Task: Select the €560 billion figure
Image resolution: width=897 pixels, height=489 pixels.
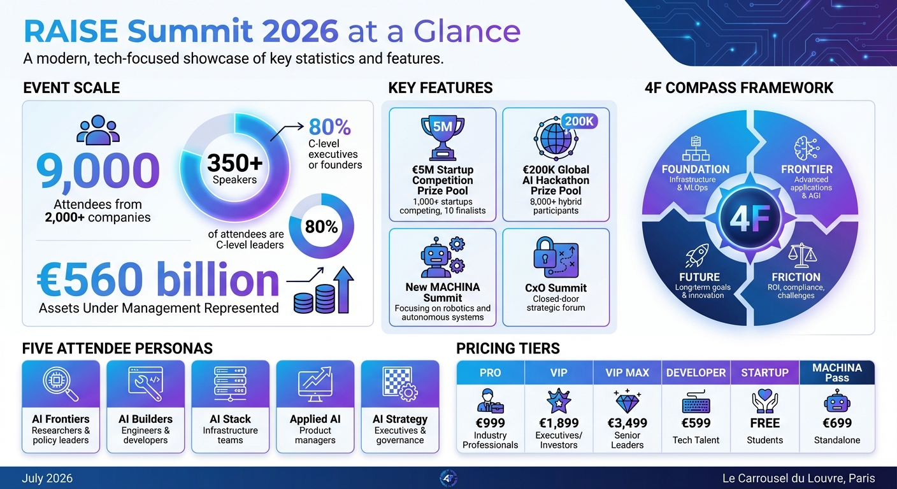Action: point(158,280)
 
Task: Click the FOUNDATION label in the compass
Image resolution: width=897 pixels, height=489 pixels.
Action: point(696,169)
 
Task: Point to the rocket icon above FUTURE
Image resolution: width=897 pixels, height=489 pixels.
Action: point(697,255)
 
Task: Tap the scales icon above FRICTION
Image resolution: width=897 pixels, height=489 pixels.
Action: point(801,257)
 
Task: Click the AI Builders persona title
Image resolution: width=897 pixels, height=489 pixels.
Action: point(145,419)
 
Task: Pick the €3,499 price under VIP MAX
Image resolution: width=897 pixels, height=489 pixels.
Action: point(628,423)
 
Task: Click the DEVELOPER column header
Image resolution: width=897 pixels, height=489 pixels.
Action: point(696,372)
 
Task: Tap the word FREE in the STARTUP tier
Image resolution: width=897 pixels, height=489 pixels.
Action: point(765,423)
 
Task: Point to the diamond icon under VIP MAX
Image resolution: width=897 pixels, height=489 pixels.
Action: point(628,400)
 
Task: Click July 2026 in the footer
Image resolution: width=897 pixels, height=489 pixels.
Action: point(47,478)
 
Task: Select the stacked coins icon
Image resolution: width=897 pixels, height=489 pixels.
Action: point(315,298)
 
